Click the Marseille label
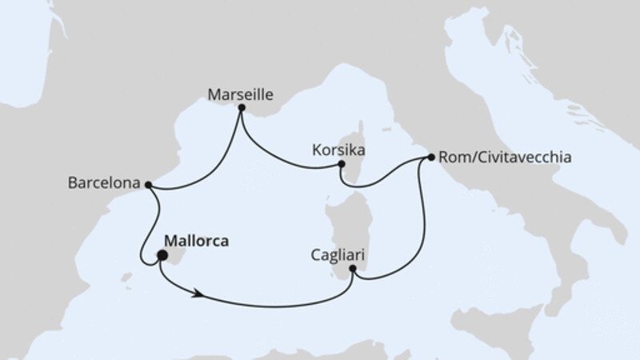[x=240, y=94]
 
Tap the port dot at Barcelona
[x=148, y=184]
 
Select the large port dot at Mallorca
[x=162, y=256]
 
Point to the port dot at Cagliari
[x=353, y=269]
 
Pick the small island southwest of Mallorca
[x=126, y=278]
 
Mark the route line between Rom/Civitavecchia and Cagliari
[x=420, y=232]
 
